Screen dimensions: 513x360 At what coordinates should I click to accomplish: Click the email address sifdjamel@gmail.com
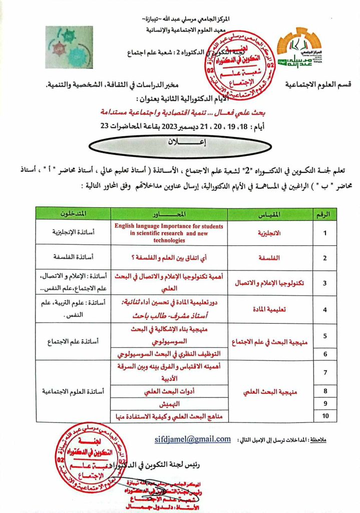193,439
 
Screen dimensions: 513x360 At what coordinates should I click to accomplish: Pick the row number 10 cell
324,415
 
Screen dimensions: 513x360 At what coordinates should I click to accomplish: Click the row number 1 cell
324,233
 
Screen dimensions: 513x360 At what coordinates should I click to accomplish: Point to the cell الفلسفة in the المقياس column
270,258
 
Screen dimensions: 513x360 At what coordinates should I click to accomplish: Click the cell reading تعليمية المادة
270,310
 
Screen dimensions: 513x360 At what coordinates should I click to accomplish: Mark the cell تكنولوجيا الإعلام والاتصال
270,283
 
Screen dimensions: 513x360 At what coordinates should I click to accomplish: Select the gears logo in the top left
69,47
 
